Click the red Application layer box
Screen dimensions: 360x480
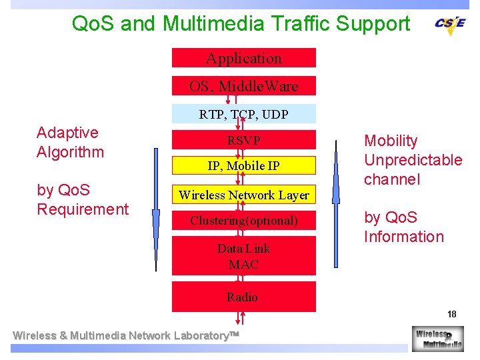tap(244, 58)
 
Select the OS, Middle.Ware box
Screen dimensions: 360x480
tap(244, 86)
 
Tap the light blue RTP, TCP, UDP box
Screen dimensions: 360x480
tap(244, 114)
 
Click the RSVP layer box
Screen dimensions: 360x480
tap(244, 140)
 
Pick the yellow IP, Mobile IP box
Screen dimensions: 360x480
tap(244, 165)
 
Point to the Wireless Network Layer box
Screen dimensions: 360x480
tap(244, 195)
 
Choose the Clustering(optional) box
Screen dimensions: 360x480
tap(244, 220)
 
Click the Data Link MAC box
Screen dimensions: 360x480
tap(244, 257)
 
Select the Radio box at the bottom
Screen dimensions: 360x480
tap(244, 297)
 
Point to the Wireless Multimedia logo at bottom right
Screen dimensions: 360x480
tap(437, 338)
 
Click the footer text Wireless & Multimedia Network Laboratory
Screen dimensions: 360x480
tap(127, 335)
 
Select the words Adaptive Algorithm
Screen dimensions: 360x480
tap(71, 142)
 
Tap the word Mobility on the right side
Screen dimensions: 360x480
tap(391, 141)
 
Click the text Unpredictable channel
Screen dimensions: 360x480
tap(413, 169)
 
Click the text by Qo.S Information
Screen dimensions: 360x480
tap(403, 227)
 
